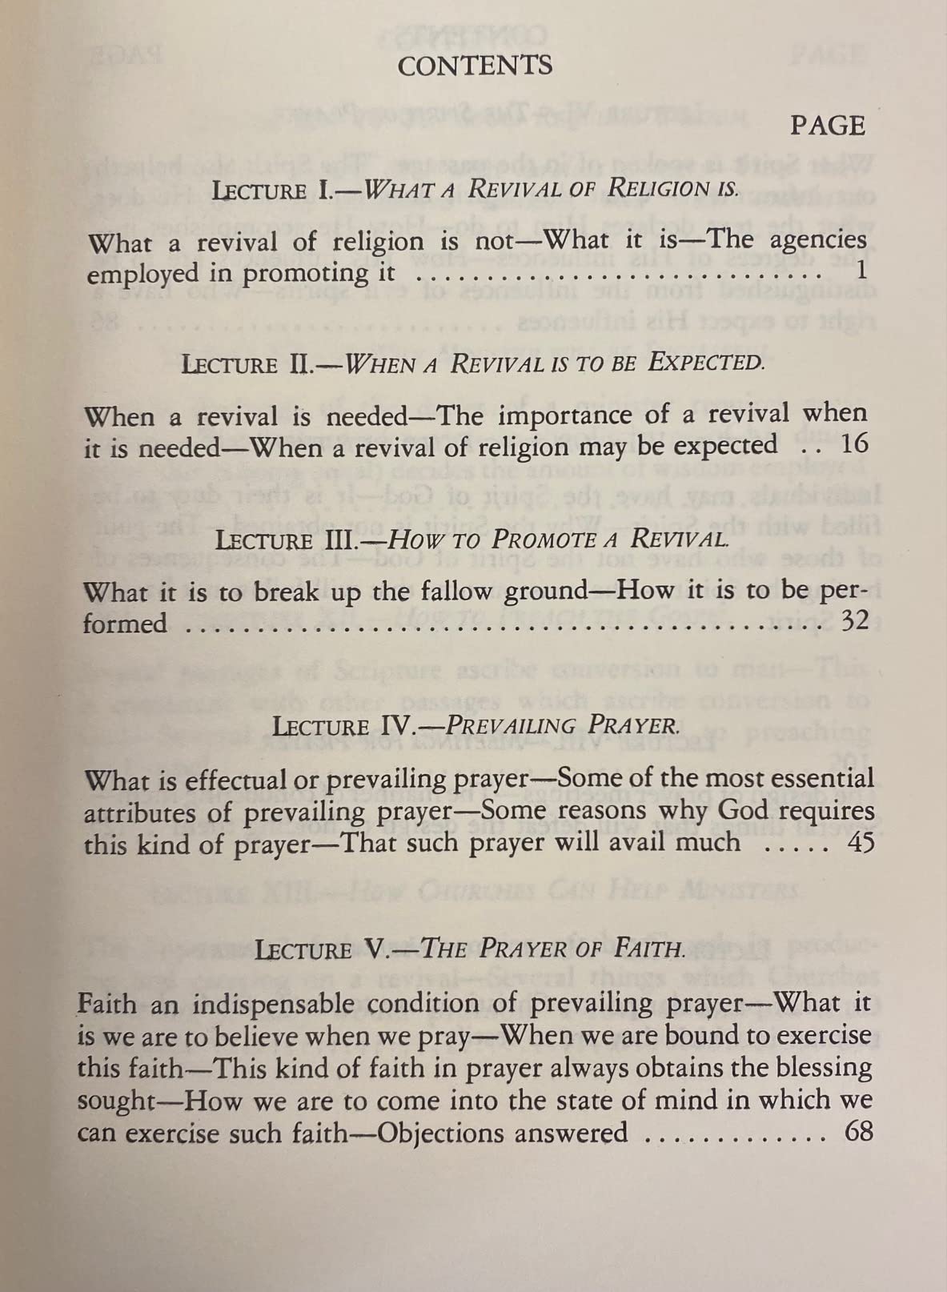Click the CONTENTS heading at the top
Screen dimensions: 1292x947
475,66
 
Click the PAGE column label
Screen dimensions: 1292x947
828,126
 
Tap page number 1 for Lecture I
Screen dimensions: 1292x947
861,271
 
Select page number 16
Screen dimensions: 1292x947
854,444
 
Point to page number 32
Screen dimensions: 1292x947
854,620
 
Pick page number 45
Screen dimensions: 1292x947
860,843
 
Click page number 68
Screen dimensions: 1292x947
858,1132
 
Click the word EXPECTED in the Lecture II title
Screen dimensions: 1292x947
704,363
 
